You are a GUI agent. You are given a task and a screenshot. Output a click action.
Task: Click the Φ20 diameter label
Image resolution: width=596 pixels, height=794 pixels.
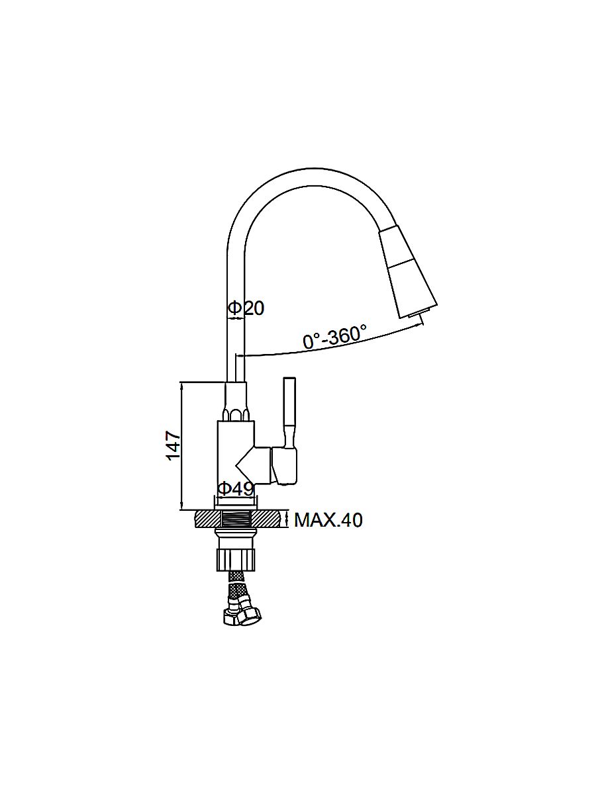tap(246, 308)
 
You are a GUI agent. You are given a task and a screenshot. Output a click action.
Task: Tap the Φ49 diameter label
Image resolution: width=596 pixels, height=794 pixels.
tap(236, 489)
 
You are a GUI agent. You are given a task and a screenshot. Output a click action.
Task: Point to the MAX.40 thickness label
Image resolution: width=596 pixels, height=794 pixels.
tap(328, 521)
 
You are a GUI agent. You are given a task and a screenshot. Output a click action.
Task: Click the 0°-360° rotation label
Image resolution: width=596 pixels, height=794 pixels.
tap(334, 336)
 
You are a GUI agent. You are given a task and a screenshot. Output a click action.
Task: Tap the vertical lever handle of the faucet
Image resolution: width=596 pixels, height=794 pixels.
tap(290, 412)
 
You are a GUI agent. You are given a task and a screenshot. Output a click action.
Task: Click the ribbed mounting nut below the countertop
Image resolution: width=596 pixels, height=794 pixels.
tap(236, 559)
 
